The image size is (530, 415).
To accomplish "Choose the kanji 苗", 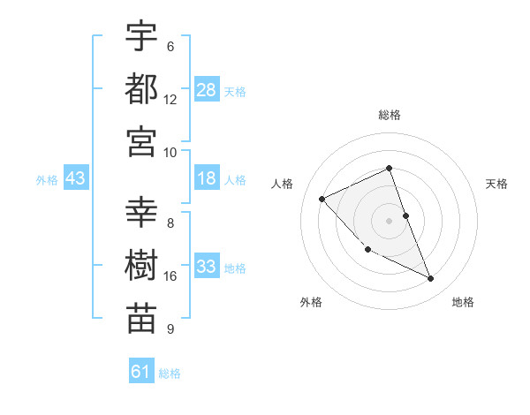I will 141,318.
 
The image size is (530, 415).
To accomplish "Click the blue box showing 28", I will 207,90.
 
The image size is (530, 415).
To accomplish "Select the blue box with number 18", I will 207,179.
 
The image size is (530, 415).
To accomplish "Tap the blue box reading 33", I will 207,268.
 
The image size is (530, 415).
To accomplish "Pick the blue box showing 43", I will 76,179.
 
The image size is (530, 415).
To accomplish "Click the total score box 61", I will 141,372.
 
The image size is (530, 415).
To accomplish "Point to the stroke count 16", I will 170,276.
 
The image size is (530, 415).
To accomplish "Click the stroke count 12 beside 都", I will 170,100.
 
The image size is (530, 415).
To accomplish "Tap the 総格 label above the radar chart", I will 390,116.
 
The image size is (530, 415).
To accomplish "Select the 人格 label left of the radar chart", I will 283,184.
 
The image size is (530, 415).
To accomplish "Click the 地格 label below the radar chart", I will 463,302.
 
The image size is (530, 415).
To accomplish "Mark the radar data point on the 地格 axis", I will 431,279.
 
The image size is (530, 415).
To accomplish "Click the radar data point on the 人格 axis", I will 322,199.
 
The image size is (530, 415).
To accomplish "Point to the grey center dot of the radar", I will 390,221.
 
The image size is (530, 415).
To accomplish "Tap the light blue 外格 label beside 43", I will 47,180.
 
